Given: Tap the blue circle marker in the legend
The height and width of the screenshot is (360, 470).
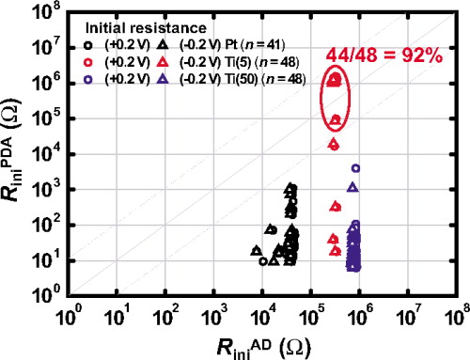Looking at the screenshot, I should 86,79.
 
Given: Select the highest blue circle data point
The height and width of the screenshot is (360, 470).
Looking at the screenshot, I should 355,168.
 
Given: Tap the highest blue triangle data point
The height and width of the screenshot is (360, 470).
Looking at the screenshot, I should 352,187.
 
